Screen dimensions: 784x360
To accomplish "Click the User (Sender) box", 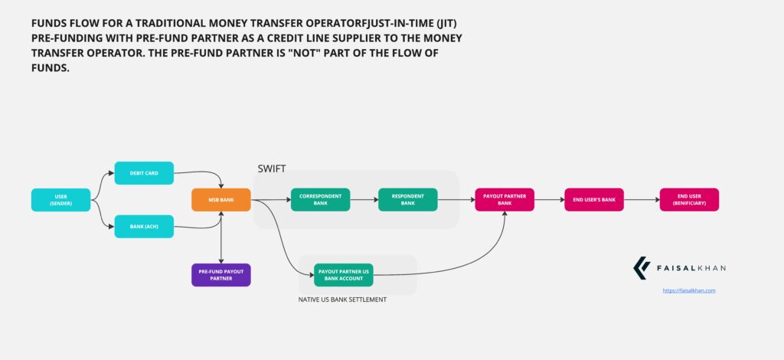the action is click(60, 200).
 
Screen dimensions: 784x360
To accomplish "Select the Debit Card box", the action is click(144, 173).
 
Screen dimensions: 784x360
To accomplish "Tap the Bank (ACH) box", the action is click(144, 226).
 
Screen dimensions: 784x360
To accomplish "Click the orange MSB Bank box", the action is click(221, 200).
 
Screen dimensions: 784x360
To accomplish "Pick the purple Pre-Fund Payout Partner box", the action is click(221, 274).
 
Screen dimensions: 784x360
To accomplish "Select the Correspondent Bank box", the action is click(320, 200).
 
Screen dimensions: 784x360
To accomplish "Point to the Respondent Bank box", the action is click(407, 200).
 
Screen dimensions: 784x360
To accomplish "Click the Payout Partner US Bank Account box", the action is click(344, 274).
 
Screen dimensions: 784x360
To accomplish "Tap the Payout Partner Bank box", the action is click(505, 200).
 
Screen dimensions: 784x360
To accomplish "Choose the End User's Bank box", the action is click(594, 200).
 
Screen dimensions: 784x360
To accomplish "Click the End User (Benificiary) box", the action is click(689, 200).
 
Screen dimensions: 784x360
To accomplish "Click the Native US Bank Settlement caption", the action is click(342, 299).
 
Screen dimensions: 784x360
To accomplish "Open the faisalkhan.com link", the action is click(688, 291).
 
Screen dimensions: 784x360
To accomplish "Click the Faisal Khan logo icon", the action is click(641, 268).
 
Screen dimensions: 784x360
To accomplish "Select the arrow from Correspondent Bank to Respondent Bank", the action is click(364, 200).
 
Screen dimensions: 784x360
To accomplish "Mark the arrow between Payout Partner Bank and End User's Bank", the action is click(550, 200).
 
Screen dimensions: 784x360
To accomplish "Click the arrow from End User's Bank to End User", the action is click(642, 200).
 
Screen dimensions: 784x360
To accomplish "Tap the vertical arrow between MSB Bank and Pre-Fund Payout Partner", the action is click(221, 237).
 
